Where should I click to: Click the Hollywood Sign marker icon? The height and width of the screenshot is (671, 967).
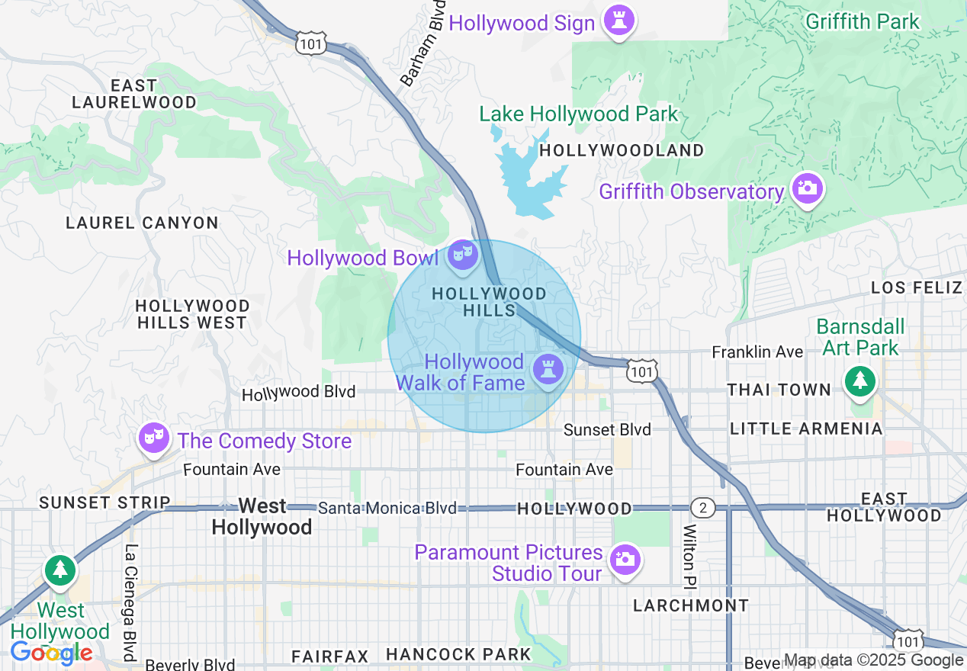tap(618, 21)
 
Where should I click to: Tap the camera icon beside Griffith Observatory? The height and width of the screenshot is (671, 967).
tap(807, 188)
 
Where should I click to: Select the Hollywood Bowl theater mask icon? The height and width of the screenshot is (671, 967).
tap(462, 254)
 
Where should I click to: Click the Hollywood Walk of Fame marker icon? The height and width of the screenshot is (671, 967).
tap(548, 370)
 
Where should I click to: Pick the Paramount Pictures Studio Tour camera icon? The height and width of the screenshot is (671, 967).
tap(625, 559)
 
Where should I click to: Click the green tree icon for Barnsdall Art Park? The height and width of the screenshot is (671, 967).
tap(860, 380)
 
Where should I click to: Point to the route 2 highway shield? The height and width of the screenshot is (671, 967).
tap(702, 507)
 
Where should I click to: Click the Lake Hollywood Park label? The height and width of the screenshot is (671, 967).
tap(578, 114)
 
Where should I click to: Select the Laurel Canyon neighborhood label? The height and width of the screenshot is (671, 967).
tap(142, 223)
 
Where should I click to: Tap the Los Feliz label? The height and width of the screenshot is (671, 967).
tap(916, 287)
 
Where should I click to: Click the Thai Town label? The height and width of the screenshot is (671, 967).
tap(779, 390)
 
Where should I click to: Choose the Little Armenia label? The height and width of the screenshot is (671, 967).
tap(806, 429)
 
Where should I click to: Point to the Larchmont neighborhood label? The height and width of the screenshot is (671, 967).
tap(691, 605)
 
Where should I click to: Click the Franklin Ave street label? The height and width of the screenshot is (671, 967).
tap(757, 352)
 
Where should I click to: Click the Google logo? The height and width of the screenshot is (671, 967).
tap(51, 653)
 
